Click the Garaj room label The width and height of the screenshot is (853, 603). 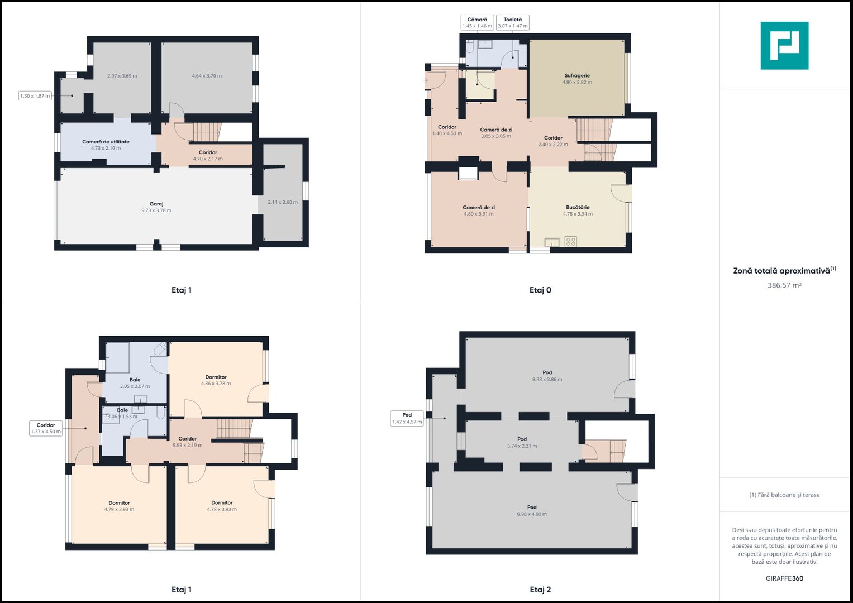(156, 204)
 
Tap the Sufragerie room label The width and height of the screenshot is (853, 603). (577, 76)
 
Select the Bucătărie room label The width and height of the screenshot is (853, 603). (578, 208)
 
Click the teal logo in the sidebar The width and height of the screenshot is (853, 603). (784, 46)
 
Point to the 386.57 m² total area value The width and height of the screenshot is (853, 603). (784, 285)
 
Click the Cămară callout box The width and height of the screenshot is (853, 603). (477, 22)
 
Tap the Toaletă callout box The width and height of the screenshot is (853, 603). (513, 22)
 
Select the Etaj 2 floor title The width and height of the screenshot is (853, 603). (540, 590)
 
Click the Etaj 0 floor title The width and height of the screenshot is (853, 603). (540, 290)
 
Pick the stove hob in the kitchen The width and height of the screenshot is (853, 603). (570, 241)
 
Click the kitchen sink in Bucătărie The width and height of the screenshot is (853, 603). (552, 242)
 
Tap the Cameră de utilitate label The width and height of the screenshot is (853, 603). (106, 142)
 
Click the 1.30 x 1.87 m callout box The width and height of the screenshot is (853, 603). (35, 96)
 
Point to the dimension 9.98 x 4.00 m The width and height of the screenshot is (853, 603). (532, 514)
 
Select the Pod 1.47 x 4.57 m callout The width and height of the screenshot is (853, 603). (407, 418)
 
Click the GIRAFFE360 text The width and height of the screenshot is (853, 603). (784, 578)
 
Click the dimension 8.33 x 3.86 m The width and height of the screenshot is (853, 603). (547, 380)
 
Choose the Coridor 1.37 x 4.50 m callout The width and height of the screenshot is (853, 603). (46, 428)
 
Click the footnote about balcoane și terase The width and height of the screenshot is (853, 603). (784, 495)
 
